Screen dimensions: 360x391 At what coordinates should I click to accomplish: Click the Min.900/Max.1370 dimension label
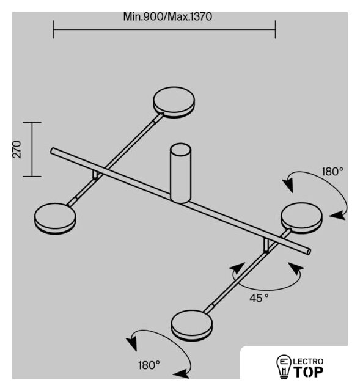click(167, 17)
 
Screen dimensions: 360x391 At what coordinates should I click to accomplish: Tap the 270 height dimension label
click(17, 149)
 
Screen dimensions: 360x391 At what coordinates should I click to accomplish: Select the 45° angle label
click(259, 298)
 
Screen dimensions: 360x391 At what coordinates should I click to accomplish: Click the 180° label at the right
click(332, 172)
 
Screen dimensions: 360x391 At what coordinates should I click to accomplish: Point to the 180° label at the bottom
click(149, 365)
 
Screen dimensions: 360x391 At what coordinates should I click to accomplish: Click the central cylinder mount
click(181, 173)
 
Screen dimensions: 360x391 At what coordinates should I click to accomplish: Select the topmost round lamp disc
click(174, 102)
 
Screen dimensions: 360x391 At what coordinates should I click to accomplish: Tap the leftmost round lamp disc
click(55, 218)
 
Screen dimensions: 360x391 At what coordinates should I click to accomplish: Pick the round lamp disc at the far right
click(301, 219)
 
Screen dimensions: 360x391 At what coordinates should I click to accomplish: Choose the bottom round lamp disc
click(192, 325)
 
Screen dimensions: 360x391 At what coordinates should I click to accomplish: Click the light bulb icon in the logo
click(284, 367)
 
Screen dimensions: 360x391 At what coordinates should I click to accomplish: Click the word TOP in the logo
click(309, 372)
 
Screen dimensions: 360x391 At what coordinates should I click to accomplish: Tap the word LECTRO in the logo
click(309, 361)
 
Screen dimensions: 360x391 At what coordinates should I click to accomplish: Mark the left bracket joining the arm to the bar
click(95, 175)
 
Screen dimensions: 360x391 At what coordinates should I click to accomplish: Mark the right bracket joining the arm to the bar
click(267, 246)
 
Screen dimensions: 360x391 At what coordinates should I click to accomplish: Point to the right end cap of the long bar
click(309, 251)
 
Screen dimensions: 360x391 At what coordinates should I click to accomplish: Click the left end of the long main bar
click(53, 151)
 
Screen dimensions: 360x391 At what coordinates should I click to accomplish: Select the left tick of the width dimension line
click(53, 30)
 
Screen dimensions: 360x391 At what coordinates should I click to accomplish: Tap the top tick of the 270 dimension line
click(32, 122)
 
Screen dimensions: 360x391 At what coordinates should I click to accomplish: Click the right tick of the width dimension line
click(276, 30)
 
